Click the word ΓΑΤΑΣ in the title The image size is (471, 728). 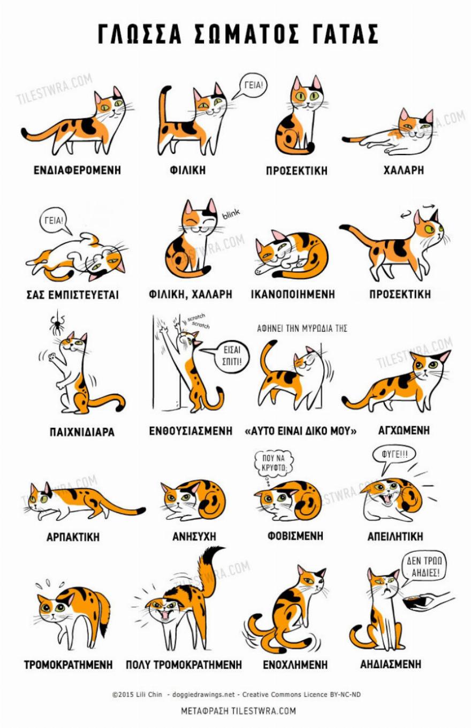click(x=345, y=34)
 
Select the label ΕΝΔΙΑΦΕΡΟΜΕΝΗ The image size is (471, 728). click(x=77, y=170)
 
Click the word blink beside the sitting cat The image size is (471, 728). click(x=231, y=214)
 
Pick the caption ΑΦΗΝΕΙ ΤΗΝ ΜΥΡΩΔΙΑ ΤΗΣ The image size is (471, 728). click(x=302, y=328)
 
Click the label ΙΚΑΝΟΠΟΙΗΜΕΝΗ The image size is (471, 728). click(x=293, y=294)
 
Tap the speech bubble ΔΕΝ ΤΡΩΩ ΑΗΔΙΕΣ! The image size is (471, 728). click(x=424, y=568)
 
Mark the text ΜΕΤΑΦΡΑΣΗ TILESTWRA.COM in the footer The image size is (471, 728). click(x=238, y=711)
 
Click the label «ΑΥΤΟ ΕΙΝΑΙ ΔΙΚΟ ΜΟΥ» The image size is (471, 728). click(x=301, y=431)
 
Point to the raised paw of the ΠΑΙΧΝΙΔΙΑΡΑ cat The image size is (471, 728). click(x=52, y=357)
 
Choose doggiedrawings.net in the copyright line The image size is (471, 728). click(x=203, y=694)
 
